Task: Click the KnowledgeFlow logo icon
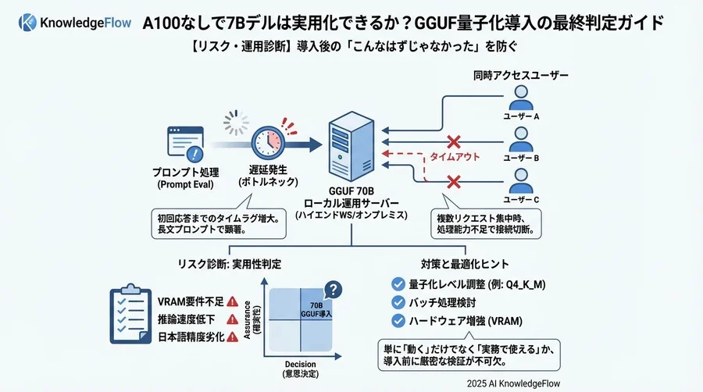coord(28,23)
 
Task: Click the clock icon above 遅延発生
coord(269,140)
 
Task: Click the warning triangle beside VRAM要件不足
coord(232,301)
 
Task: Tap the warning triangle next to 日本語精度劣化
coord(232,337)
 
